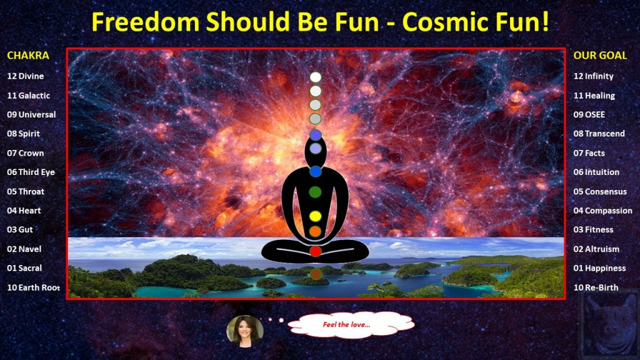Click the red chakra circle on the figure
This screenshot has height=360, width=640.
(x=315, y=251)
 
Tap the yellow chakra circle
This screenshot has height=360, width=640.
(x=315, y=216)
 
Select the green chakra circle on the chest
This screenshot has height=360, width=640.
(x=315, y=192)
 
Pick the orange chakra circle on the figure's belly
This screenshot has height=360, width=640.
(x=315, y=231)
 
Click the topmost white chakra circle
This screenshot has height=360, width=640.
(x=316, y=77)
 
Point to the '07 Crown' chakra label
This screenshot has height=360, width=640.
(x=25, y=153)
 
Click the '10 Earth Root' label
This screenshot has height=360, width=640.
(x=34, y=287)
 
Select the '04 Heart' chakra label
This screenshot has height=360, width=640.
(x=24, y=211)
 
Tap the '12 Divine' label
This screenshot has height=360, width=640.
(x=25, y=76)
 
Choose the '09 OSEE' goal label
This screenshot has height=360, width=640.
(x=589, y=115)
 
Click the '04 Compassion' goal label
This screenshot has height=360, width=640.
(x=602, y=211)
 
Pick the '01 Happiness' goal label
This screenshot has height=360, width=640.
(x=599, y=268)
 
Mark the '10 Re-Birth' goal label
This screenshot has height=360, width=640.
(x=596, y=287)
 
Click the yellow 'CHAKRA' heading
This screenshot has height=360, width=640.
(x=27, y=56)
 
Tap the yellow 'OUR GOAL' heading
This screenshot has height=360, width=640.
(x=600, y=56)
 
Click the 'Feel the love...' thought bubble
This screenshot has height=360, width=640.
(x=351, y=325)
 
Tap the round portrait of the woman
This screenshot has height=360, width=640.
(x=245, y=331)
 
